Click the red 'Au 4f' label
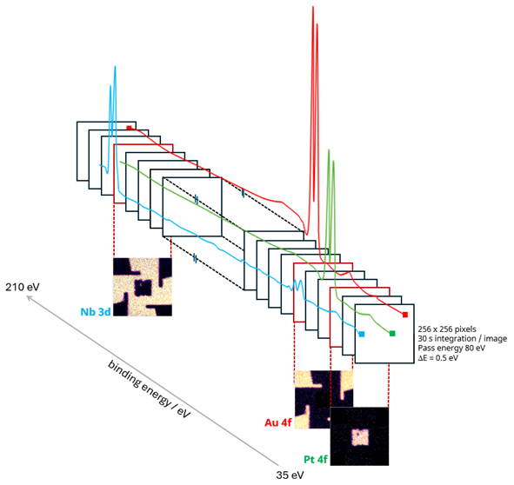click(x=278, y=423)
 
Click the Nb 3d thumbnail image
click(x=143, y=286)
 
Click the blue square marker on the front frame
click(x=361, y=334)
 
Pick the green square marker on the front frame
click(x=392, y=333)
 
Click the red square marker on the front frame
click(x=405, y=315)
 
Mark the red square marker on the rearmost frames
click(x=129, y=128)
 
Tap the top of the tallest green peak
click(x=329, y=151)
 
